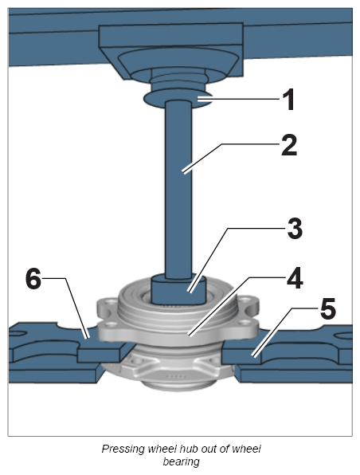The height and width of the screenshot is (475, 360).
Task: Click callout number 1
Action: (288, 100)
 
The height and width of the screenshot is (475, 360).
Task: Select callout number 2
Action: (289, 145)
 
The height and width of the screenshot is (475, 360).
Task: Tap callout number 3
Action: (295, 228)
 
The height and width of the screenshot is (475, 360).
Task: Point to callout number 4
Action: (295, 278)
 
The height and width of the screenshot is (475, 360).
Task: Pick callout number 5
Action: (328, 308)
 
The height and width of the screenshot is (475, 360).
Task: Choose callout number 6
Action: (33, 279)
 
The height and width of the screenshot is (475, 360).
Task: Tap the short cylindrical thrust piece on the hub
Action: (178, 290)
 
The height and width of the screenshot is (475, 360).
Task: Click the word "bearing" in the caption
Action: (181, 461)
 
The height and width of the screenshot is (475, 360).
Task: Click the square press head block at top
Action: (171, 52)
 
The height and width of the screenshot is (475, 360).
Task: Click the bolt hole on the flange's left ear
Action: (112, 324)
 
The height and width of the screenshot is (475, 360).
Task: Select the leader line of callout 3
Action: (237, 260)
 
